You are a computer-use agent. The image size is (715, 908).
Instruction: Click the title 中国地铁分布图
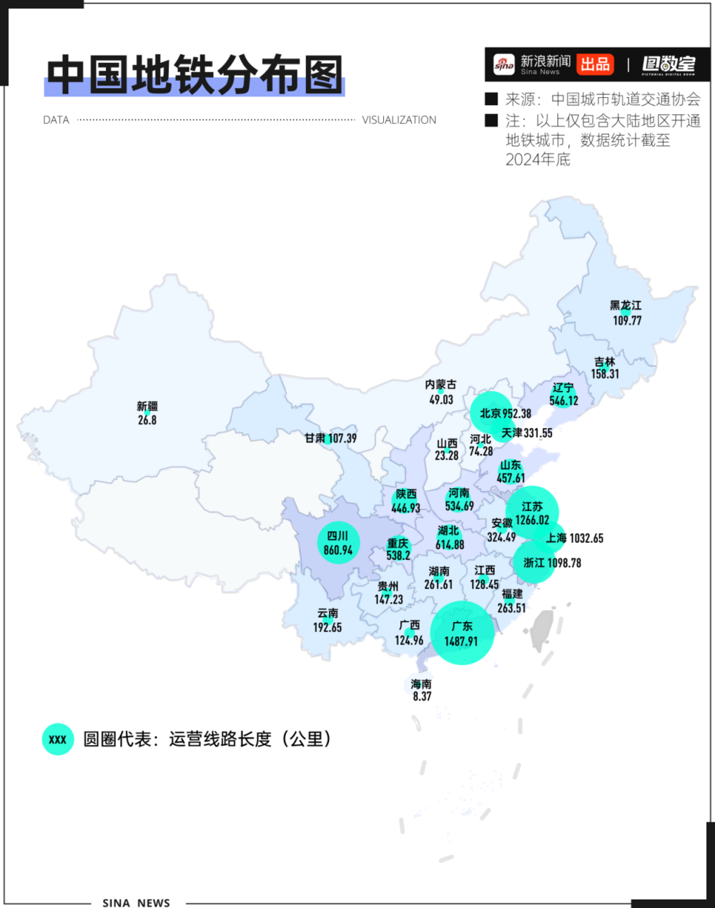(194, 75)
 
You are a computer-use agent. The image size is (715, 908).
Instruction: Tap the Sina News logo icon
(504, 65)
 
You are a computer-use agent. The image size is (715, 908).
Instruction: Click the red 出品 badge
(595, 64)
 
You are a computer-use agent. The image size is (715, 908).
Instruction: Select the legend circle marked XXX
(58, 739)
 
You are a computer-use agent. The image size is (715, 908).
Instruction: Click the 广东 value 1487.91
(461, 641)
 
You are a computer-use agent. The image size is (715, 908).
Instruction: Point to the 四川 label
(337, 536)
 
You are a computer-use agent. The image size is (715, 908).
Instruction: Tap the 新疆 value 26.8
(147, 420)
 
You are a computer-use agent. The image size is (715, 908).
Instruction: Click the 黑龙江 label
(626, 306)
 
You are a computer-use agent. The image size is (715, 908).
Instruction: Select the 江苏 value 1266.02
(533, 520)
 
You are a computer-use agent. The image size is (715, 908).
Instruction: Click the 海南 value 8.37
(422, 696)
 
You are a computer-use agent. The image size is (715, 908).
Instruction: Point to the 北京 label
(490, 413)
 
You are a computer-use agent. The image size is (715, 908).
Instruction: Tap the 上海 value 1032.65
(586, 538)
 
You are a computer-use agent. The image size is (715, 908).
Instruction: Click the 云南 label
(328, 613)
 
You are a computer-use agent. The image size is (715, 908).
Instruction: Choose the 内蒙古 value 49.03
(441, 400)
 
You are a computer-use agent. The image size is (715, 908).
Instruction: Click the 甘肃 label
(315, 438)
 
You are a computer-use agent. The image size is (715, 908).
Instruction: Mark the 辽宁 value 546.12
(563, 401)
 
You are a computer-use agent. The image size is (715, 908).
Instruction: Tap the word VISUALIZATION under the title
(399, 120)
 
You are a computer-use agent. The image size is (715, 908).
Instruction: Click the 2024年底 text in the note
(538, 159)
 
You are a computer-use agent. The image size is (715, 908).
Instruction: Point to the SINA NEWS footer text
(137, 903)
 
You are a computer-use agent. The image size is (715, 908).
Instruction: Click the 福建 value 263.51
(512, 608)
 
